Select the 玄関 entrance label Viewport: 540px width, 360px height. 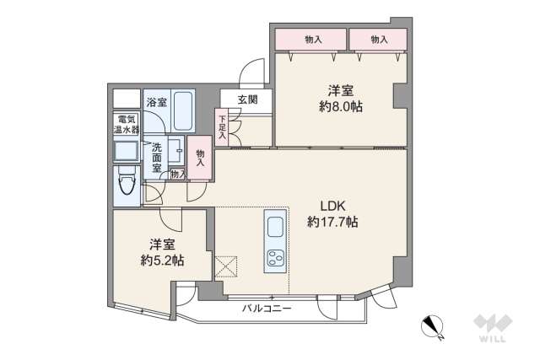[x=247, y=99]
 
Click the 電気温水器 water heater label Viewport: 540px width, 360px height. [x=127, y=125]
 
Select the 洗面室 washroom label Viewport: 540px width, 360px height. [x=157, y=155]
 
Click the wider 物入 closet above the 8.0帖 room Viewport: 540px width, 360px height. [x=312, y=39]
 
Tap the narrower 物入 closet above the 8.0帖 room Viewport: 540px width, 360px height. [x=379, y=39]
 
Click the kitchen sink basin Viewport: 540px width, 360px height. [x=276, y=226]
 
